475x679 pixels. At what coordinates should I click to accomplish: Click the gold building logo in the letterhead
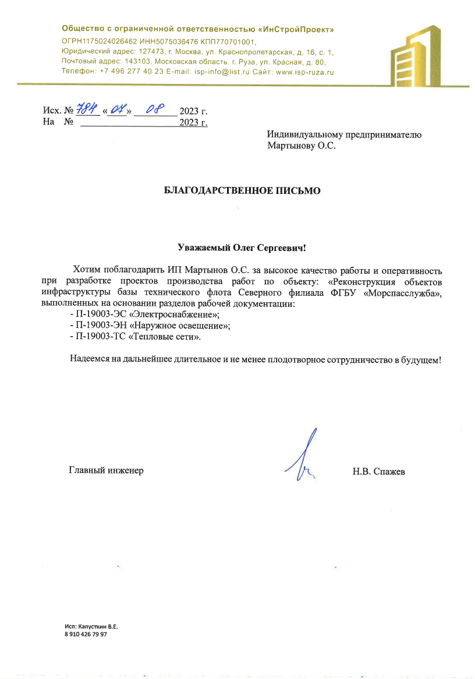[416, 55]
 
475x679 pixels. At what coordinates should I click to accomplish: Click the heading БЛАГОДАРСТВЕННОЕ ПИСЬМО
[242, 190]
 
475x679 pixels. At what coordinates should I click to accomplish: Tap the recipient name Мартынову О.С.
[302, 146]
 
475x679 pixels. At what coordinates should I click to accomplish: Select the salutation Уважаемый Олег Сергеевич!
[242, 247]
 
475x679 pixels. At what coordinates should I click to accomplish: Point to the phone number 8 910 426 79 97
[86, 635]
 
